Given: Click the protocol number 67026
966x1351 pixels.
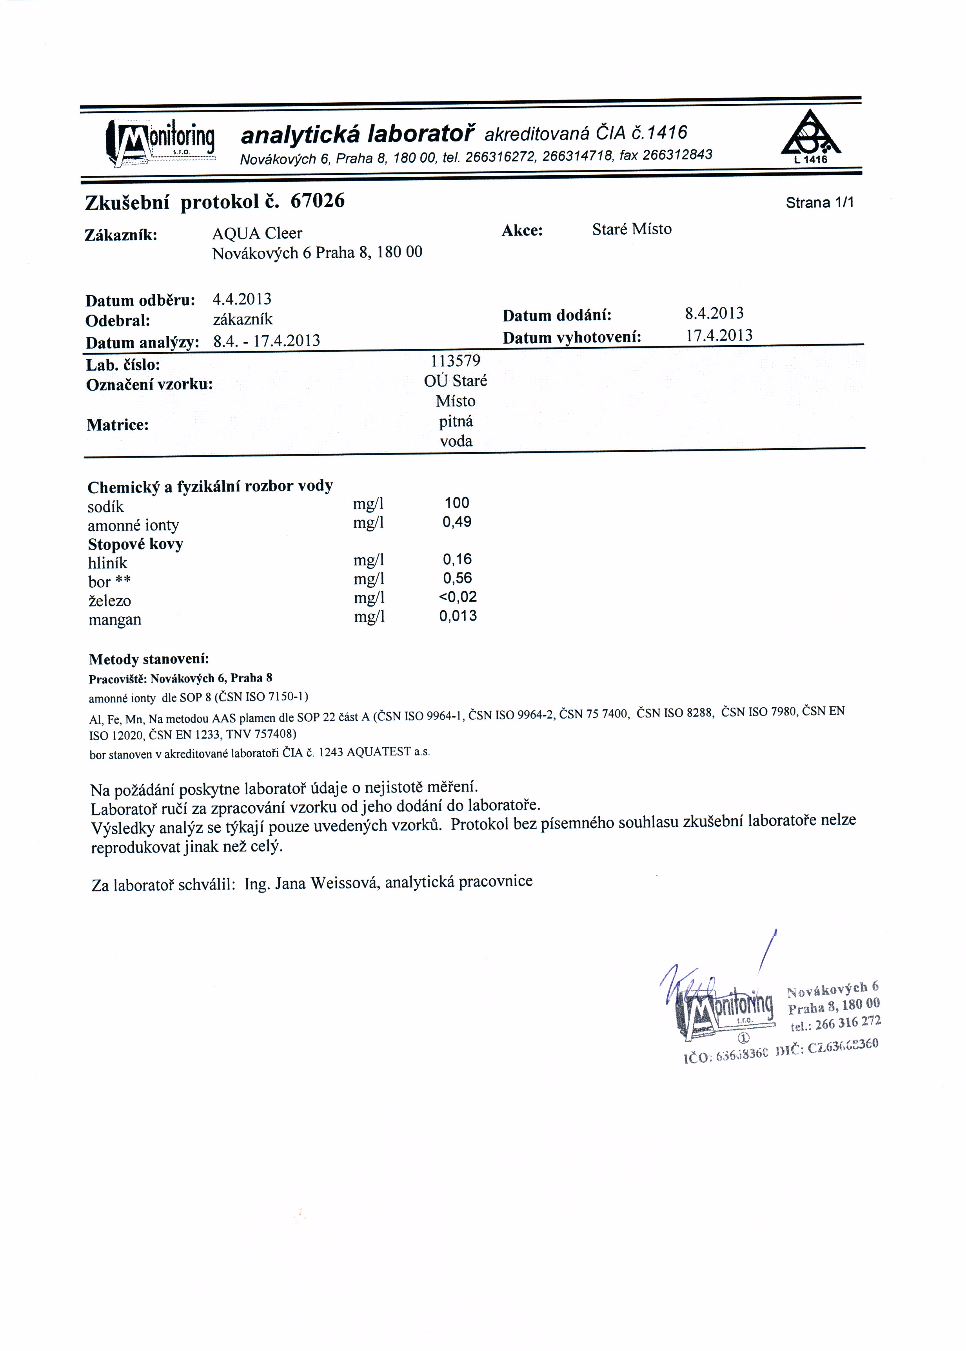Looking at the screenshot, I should (x=317, y=201).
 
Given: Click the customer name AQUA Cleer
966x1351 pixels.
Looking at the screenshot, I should (x=257, y=233).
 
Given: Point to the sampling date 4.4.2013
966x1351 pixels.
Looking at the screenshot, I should (x=241, y=299).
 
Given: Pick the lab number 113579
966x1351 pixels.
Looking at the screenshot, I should (x=455, y=361).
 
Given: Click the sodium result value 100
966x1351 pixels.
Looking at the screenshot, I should (x=456, y=503).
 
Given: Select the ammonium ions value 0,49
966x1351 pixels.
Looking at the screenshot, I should (x=456, y=522).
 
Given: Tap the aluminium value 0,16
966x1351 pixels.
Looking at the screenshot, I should (x=457, y=559).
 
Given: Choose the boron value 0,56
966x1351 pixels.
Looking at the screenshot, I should (x=457, y=578).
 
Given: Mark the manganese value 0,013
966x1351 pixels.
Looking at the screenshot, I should (x=458, y=616).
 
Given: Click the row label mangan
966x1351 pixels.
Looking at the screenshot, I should (x=115, y=620).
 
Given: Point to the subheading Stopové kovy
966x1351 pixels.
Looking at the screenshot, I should (x=136, y=544).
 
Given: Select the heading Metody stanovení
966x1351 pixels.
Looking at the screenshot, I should (x=149, y=659).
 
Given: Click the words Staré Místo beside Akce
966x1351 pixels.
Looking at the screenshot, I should (x=632, y=230).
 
